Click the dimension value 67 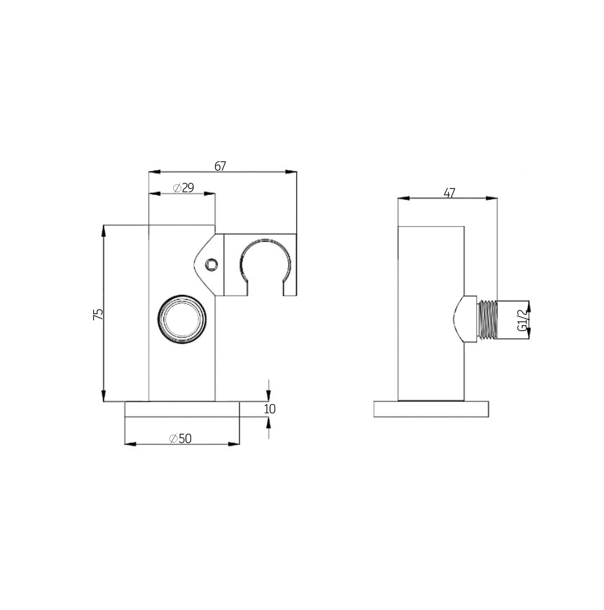coord(220,166)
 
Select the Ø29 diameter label coord(183,188)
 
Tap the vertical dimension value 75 coord(98,314)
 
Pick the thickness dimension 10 coord(269,409)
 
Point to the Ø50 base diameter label coord(180,439)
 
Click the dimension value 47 coord(449,193)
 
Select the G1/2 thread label coord(523,320)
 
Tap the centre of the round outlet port coord(182,319)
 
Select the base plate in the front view coord(182,409)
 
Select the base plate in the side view coord(431,409)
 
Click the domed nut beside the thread coord(465,319)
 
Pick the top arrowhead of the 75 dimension coord(103,231)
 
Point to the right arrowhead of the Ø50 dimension coord(234,444)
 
